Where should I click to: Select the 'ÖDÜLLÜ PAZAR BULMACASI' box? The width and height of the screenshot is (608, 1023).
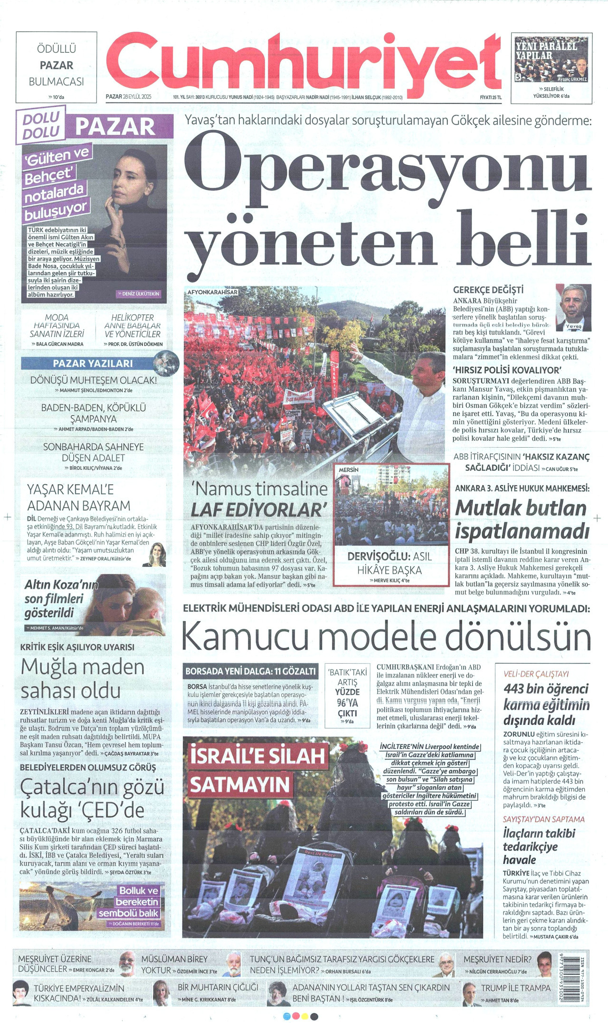point(56,66)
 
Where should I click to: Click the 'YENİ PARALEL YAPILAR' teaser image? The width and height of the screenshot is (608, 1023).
point(551,59)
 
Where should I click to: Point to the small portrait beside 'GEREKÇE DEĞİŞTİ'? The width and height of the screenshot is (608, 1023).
point(573,308)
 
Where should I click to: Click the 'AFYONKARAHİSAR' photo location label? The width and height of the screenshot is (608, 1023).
point(212,292)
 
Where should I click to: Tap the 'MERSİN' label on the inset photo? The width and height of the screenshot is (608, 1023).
point(348,469)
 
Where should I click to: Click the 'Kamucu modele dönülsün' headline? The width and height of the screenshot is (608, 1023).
point(386,636)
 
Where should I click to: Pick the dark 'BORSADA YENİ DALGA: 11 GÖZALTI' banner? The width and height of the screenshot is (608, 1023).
point(250,671)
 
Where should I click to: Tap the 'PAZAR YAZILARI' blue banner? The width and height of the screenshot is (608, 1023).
point(93,364)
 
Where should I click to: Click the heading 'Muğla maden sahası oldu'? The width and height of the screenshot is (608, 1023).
point(83,678)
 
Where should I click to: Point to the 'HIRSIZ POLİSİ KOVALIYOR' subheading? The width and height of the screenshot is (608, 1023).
point(507,370)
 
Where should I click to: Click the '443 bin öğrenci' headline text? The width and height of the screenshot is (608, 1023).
point(546,688)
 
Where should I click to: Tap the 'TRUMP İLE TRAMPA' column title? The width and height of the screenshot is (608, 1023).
point(515,987)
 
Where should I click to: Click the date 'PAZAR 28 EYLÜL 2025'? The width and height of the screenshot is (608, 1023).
point(128,97)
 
